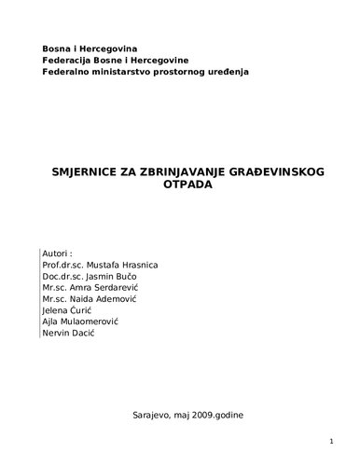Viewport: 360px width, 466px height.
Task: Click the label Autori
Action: point(58,253)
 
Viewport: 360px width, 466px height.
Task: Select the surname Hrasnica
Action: point(137,265)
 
